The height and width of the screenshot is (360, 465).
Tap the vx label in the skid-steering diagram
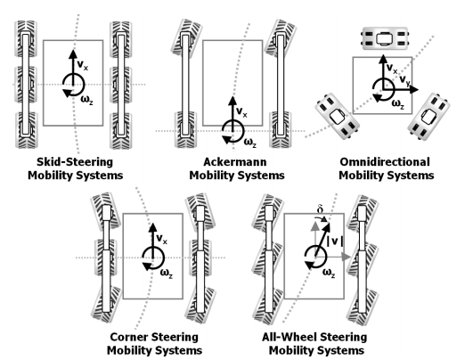tap(82, 64)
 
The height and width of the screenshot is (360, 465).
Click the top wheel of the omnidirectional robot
tap(384, 39)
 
